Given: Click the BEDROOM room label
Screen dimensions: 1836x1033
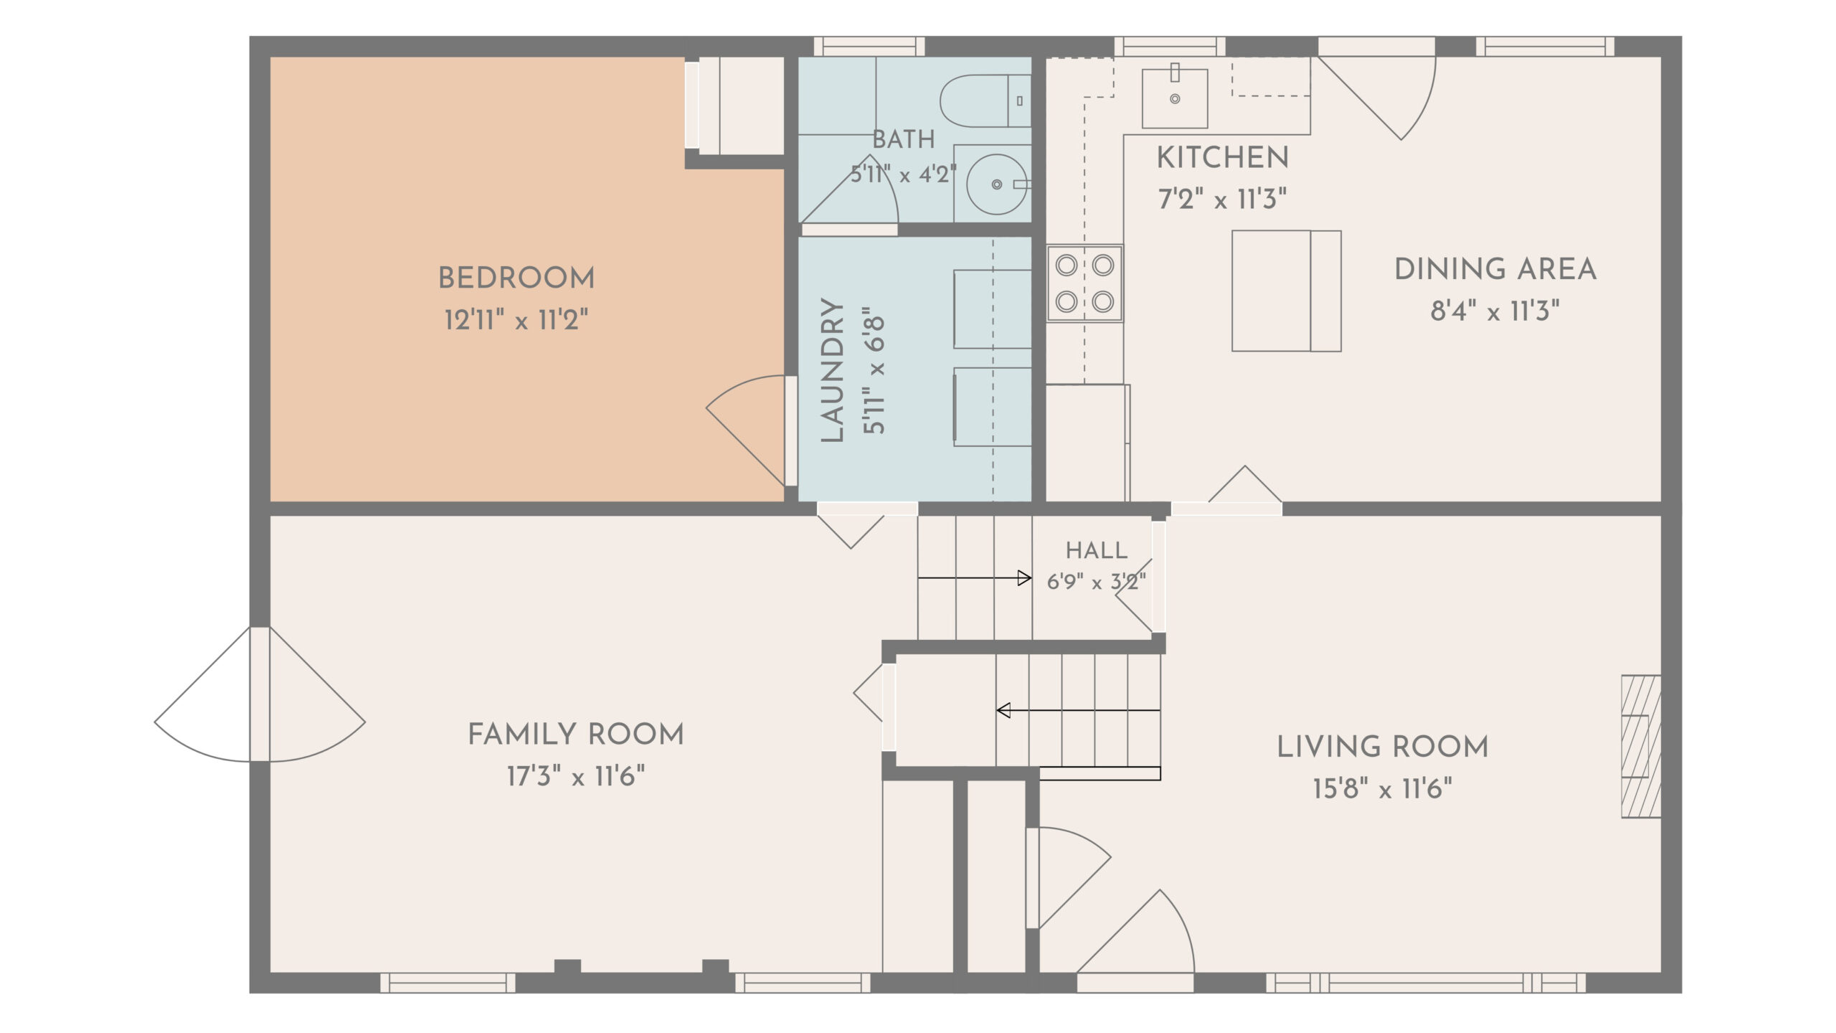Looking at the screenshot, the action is [516, 278].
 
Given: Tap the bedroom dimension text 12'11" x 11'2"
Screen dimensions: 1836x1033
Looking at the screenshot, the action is [516, 319].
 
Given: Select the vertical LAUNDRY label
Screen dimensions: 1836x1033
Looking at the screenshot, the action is [832, 370].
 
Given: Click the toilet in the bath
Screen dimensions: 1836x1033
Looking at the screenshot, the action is [985, 101].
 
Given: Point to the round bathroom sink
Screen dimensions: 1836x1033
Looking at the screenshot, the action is [997, 184].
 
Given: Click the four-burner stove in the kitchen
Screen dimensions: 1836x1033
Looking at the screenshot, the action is [1084, 283].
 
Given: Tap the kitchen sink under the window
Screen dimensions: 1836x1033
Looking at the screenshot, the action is [1175, 98].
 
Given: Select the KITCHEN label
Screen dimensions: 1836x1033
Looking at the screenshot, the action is [1223, 158].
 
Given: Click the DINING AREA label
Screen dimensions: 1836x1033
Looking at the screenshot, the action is [1495, 270].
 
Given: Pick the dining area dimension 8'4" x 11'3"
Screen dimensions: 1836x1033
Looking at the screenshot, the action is [1495, 311].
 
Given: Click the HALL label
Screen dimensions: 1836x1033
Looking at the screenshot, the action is [1097, 550].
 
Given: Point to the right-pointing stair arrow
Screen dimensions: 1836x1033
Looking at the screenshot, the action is [975, 577].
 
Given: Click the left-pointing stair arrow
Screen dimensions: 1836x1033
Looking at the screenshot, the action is [1079, 710].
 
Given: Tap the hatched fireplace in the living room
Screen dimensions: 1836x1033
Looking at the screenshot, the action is [1642, 746].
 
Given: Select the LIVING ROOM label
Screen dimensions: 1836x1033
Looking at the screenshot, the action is [1383, 747].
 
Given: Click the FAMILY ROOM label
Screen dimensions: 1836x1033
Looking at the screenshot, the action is [576, 735].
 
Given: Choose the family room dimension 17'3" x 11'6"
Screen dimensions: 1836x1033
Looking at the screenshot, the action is [576, 776].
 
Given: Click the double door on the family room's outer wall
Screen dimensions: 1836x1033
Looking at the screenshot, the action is [260, 694].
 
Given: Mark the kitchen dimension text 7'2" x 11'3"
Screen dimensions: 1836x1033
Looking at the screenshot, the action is [1223, 199].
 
